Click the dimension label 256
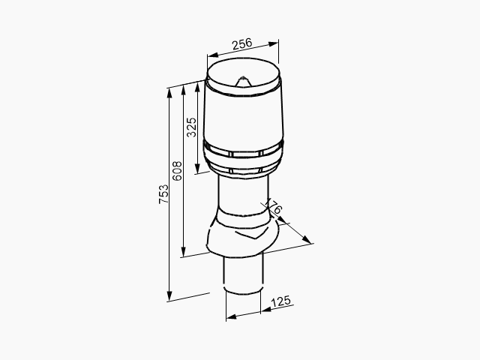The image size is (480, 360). [x=241, y=44]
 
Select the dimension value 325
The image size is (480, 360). [x=192, y=127]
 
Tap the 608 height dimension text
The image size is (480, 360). [x=177, y=171]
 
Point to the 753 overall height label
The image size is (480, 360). [x=163, y=194]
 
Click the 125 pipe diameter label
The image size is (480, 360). [x=280, y=301]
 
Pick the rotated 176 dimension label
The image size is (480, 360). [x=273, y=207]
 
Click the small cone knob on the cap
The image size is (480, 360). [x=243, y=82]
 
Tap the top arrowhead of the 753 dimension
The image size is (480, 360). [x=169, y=93]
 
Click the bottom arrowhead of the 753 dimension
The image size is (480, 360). [x=169, y=296]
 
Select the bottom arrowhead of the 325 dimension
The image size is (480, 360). [x=197, y=168]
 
